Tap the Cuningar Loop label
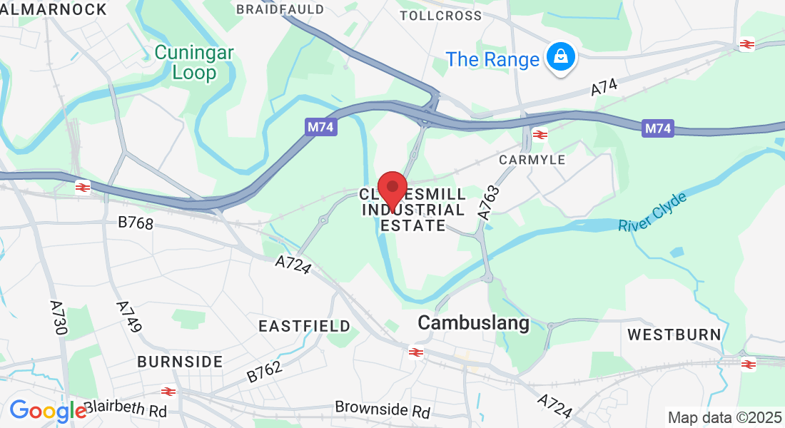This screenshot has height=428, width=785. [185, 62]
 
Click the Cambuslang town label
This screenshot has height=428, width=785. [473, 323]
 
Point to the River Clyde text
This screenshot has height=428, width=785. [652, 212]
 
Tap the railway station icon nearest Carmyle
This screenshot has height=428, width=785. [540, 134]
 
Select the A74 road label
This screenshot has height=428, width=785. [603, 87]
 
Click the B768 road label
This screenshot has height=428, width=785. [136, 223]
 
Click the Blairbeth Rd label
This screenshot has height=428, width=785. [125, 410]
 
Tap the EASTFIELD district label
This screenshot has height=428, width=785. [304, 326]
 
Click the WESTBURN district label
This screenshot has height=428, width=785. [674, 334]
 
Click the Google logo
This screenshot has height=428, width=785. [47, 411]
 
